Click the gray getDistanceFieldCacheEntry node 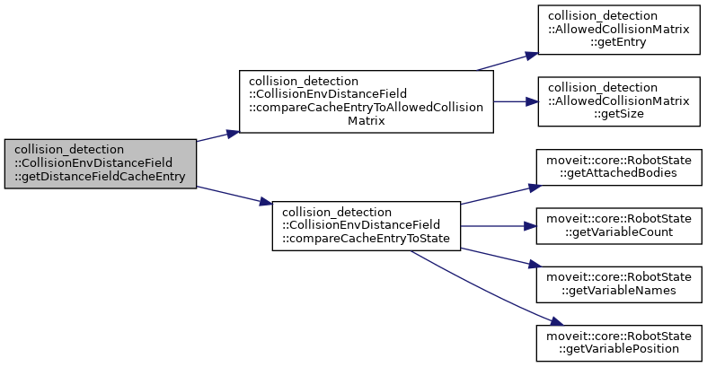(x=100, y=163)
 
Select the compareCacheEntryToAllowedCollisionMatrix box (x=366, y=101)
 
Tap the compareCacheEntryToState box (x=366, y=225)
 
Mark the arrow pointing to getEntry (x=508, y=60)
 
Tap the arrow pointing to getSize (x=515, y=101)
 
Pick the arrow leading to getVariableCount (x=499, y=225)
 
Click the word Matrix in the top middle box (x=366, y=120)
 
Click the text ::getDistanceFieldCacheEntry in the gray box (x=100, y=176)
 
